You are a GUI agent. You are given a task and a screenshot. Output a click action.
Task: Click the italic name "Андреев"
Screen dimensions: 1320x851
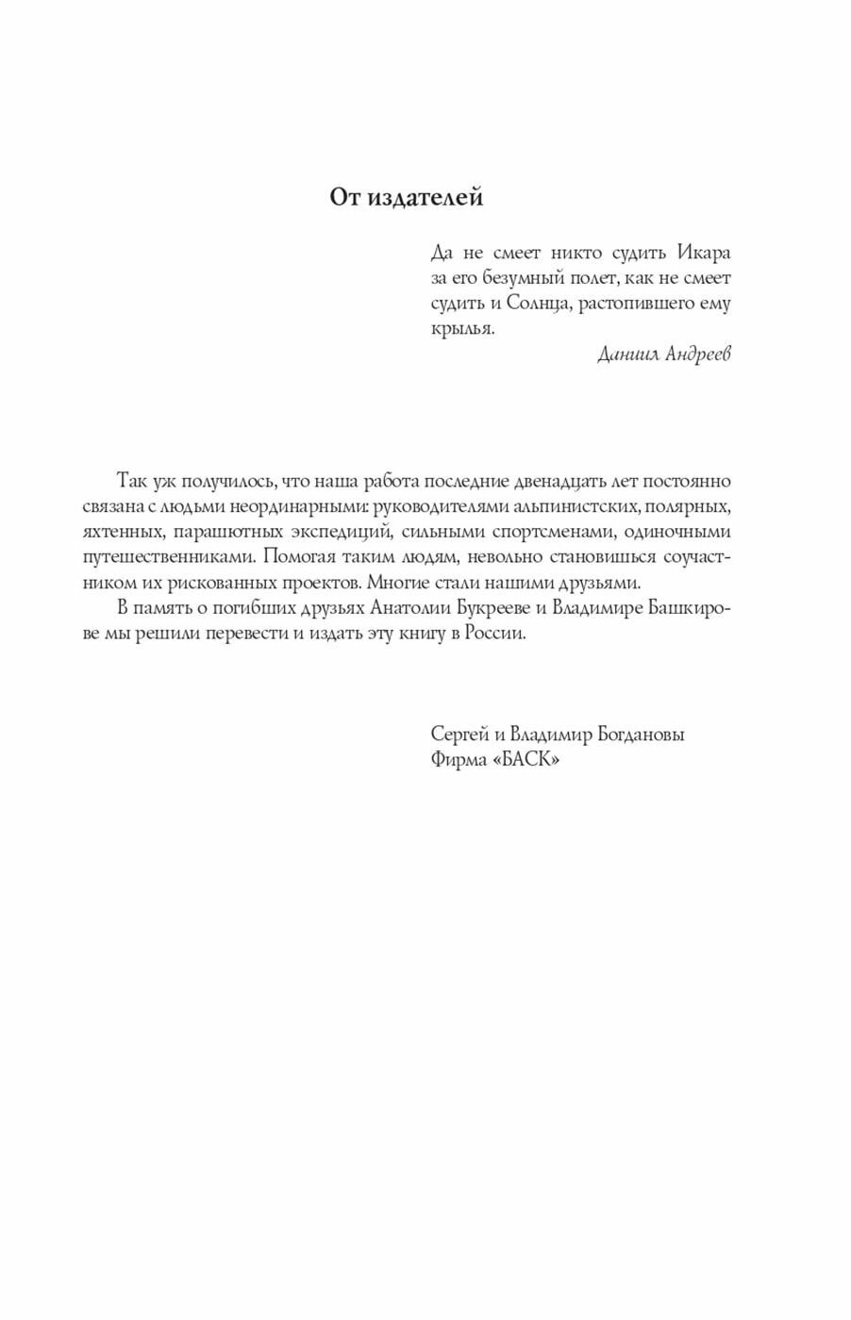click(698, 355)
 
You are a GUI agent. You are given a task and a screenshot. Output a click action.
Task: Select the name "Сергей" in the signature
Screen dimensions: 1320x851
click(459, 734)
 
